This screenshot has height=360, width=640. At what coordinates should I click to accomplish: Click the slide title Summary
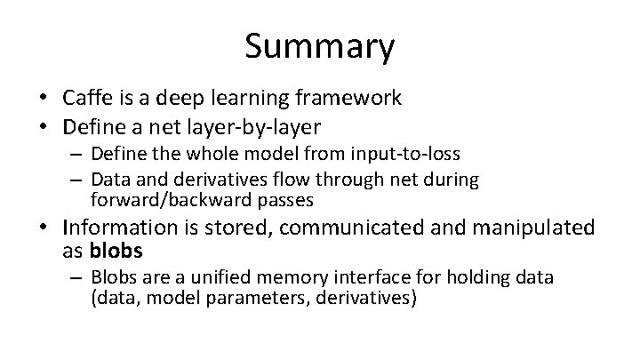tap(320, 47)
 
